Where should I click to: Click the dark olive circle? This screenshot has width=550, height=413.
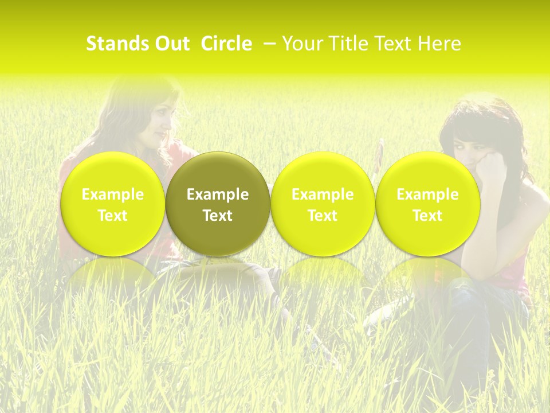tap(218, 204)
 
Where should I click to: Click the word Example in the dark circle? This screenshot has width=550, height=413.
tap(218, 194)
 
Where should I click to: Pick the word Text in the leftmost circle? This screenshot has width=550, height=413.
tap(112, 216)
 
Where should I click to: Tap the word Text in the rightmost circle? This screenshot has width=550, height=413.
tap(427, 216)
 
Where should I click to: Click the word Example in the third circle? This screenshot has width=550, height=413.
tap(323, 194)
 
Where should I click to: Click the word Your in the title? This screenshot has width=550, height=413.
tap(302, 44)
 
